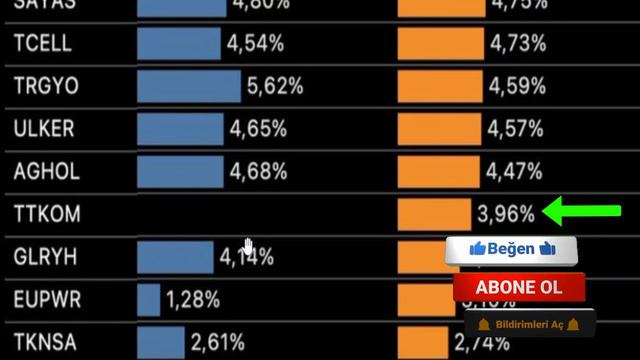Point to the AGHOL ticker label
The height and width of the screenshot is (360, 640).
point(46,172)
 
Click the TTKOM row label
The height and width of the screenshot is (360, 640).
point(47,214)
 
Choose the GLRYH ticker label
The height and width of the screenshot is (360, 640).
point(46,257)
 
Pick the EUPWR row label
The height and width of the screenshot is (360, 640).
point(48,299)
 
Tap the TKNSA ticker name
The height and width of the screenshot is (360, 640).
point(46,341)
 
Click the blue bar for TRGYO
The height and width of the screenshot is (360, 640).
point(188,86)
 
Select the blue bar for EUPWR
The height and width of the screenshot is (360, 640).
point(148,299)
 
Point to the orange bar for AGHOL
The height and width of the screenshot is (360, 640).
point(438,172)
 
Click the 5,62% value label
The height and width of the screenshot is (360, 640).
point(274,87)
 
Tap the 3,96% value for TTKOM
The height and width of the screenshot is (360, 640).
point(506,214)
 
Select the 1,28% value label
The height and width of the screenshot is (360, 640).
point(195,299)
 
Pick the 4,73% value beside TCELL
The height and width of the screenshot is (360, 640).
point(517,44)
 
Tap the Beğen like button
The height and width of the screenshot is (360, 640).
point(511,249)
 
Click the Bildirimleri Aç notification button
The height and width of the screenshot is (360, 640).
point(530,325)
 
